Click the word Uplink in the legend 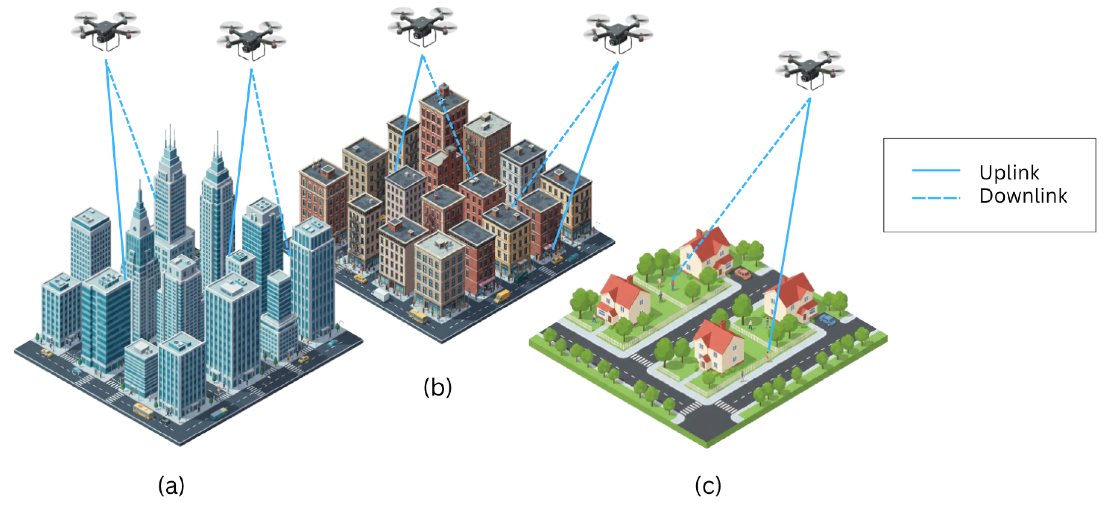1009,173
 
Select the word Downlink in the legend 1023,196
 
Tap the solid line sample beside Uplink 936,170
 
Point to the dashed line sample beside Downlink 936,197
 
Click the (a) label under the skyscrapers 171,485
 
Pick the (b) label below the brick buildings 437,387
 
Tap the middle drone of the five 422,26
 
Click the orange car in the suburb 743,273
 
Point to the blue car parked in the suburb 827,320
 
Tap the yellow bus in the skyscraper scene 143,410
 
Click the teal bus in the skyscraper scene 219,413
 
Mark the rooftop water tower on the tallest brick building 445,89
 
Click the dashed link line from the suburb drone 741,188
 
